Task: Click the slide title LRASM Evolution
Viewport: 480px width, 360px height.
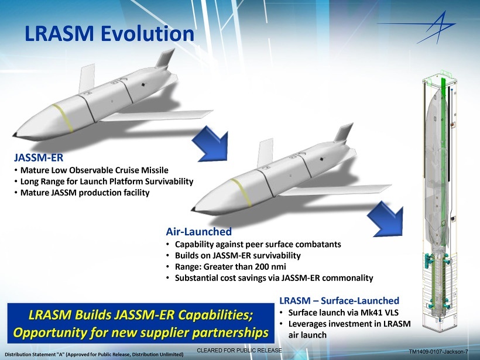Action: click(x=109, y=33)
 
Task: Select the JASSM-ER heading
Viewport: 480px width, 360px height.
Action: click(x=39, y=158)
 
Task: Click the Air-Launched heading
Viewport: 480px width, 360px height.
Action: click(x=199, y=232)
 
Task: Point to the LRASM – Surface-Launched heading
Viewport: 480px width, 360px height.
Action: click(x=340, y=301)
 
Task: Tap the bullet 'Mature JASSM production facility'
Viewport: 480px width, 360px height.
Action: click(x=85, y=193)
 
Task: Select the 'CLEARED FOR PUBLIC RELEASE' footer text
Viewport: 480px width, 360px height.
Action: click(x=239, y=349)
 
